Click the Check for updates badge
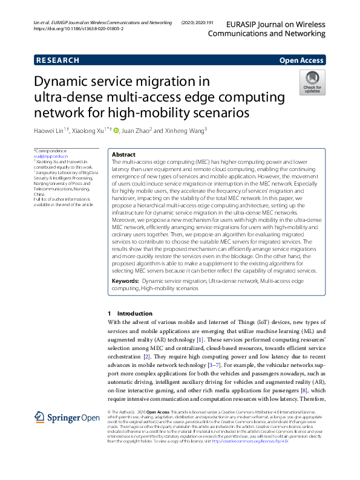313,82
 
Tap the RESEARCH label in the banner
57,60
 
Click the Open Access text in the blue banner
301,60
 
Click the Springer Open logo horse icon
40,418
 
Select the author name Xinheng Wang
185,130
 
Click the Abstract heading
124,155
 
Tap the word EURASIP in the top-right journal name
243,25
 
